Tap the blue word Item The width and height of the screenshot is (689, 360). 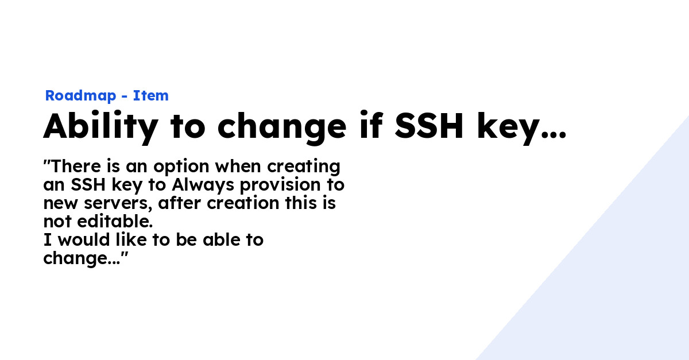click(151, 96)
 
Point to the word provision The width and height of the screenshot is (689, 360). click(284, 186)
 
